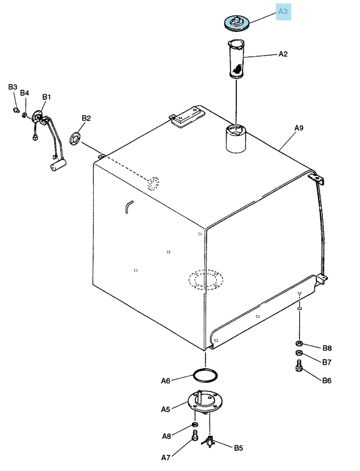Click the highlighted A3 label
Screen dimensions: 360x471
point(283,11)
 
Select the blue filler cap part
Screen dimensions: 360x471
point(237,23)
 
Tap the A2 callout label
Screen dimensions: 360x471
point(283,54)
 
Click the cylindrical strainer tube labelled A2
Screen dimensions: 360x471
point(236,59)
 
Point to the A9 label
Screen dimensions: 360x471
point(299,128)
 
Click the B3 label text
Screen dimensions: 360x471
point(12,87)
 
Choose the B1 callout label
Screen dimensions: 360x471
point(47,96)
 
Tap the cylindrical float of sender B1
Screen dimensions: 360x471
point(58,165)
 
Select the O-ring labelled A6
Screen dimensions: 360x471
point(205,376)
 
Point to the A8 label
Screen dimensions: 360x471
point(166,436)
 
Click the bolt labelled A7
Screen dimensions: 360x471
point(195,435)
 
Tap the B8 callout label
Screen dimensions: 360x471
point(327,348)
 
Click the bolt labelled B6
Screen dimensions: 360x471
point(299,365)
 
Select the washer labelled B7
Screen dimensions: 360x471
point(299,352)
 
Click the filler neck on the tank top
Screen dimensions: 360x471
point(236,139)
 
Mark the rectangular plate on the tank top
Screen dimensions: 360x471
point(188,117)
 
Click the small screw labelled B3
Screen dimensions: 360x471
point(16,110)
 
